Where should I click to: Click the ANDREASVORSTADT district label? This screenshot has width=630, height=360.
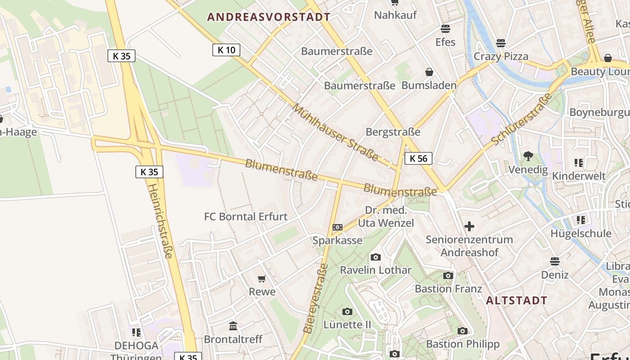click(x=269, y=18)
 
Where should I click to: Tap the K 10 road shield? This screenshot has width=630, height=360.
click(x=226, y=50)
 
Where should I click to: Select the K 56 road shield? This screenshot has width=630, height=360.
click(x=418, y=158)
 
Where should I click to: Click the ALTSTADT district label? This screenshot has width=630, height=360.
click(x=517, y=301)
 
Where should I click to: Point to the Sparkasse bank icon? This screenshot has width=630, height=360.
click(x=337, y=228)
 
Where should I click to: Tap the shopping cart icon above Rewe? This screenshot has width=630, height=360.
click(x=262, y=279)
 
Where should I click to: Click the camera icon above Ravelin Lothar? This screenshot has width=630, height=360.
click(x=375, y=257)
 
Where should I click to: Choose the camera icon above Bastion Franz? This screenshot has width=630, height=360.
click(x=448, y=276)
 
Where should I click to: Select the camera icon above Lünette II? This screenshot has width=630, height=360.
click(x=347, y=311)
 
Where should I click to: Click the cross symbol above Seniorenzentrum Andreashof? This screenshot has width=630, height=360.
click(x=469, y=226)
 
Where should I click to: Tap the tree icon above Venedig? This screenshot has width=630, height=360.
click(x=528, y=157)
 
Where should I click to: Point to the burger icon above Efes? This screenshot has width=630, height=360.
click(x=445, y=29)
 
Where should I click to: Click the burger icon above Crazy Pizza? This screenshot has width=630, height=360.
click(x=501, y=43)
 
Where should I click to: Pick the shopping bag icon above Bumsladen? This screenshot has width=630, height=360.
click(x=429, y=72)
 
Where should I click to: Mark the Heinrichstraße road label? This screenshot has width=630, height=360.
click(x=160, y=220)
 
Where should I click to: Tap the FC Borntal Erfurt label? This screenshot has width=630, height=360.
click(x=246, y=216)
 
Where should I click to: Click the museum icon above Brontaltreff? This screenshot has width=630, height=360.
click(x=233, y=326)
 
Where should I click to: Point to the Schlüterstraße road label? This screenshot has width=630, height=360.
click(x=522, y=119)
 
